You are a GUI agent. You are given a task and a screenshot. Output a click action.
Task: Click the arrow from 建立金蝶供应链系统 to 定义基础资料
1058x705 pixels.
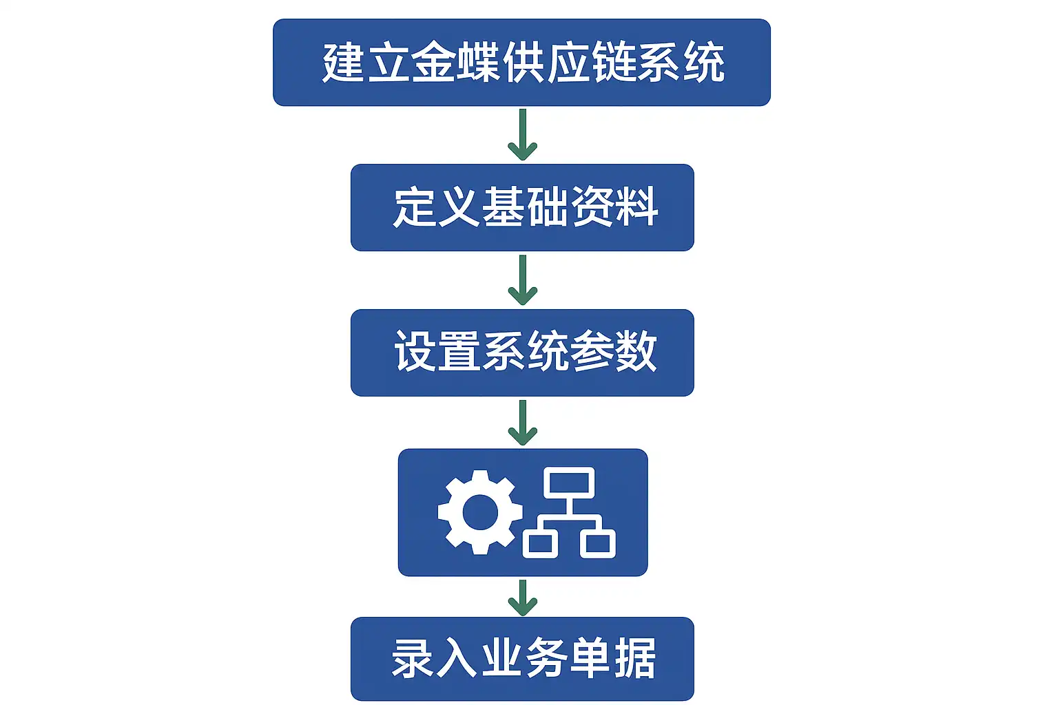pyautogui.click(x=522, y=135)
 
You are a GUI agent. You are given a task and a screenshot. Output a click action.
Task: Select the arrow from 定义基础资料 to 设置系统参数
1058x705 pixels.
pyautogui.click(x=522, y=280)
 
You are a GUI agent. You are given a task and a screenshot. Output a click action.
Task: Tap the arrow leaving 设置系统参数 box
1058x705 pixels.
pyautogui.click(x=522, y=423)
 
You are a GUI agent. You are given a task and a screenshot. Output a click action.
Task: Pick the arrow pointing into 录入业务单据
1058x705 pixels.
pyautogui.click(x=522, y=598)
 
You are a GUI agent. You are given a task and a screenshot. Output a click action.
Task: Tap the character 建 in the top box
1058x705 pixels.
pyautogui.click(x=343, y=63)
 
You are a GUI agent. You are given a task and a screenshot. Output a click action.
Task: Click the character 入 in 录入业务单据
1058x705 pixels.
pyautogui.click(x=457, y=658)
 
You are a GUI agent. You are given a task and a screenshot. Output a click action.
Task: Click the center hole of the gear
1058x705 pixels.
pyautogui.click(x=480, y=512)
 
